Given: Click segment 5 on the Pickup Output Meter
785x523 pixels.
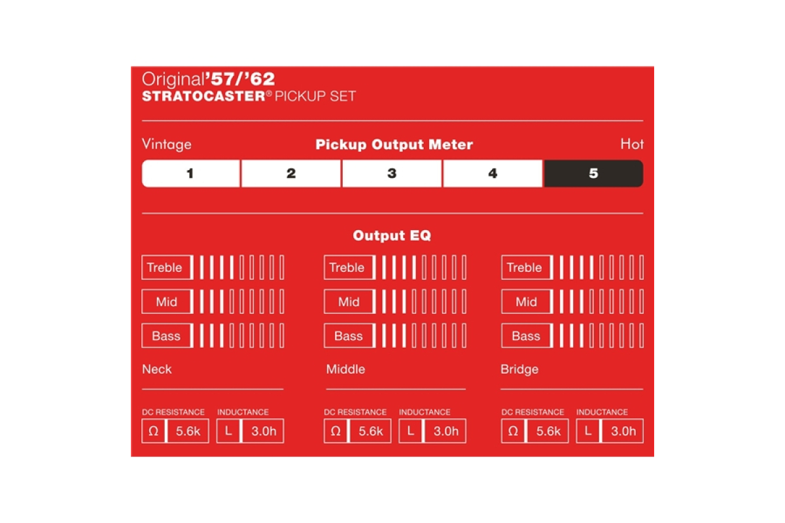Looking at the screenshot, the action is tap(593, 173).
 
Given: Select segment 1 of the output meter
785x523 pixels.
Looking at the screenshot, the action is tap(191, 173).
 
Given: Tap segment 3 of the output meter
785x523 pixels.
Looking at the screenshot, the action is tap(392, 173).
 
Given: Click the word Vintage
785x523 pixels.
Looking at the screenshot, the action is tap(167, 144).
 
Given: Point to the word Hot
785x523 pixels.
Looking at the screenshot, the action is tap(632, 144).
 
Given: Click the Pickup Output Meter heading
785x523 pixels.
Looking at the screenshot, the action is tap(394, 144).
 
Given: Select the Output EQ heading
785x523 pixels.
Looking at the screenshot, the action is tap(392, 235).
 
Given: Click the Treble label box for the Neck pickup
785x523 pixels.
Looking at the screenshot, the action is tap(167, 267).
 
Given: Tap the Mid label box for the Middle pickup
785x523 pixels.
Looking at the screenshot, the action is tap(349, 301).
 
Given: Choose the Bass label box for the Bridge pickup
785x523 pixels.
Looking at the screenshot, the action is tap(527, 335).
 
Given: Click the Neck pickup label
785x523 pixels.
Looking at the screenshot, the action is tap(157, 369).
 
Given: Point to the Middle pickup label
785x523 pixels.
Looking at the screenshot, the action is tap(345, 369).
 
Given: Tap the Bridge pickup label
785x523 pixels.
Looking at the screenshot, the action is tap(519, 369).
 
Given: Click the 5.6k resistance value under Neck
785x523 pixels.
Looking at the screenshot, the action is tap(188, 431).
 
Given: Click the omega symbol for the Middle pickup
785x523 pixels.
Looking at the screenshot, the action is tap(336, 431).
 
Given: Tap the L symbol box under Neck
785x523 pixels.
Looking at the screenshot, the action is tap(228, 431).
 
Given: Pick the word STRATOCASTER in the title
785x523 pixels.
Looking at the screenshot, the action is tap(203, 96).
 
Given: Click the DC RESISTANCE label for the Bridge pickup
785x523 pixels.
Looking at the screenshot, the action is tap(532, 412).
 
